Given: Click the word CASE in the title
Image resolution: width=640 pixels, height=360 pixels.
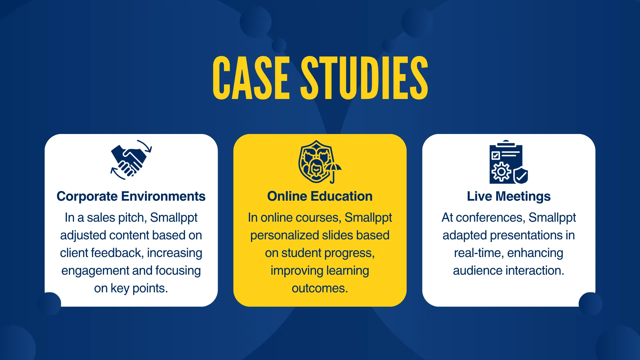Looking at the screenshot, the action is pos(251,78).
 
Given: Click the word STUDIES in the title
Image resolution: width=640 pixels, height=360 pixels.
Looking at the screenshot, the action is pos(364,78).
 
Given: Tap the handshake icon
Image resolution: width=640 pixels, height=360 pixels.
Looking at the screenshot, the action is pos(131,160).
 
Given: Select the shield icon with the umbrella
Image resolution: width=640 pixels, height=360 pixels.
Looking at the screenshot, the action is pos(320,162).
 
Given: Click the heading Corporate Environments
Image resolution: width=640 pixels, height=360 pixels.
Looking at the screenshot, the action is pos(131,196).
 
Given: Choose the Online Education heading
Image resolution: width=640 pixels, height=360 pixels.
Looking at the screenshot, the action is pos(320,196).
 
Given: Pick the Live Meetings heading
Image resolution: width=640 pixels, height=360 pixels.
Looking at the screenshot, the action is pos(509,197).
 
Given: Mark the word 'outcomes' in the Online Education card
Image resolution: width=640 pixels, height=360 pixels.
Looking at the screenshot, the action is pos(320,288).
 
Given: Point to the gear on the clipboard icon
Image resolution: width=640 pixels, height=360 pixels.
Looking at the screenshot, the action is pos(501,172).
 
